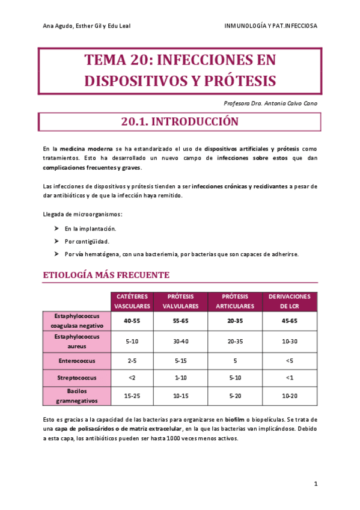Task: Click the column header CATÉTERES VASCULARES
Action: coord(132,301)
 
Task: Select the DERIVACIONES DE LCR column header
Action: coord(289,301)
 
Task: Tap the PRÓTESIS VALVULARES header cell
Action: coord(180,301)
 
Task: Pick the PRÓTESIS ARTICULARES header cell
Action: coord(235,301)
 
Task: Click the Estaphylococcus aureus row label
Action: coord(76,341)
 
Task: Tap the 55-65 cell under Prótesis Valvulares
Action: coord(180,321)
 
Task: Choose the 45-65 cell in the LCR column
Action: coord(289,321)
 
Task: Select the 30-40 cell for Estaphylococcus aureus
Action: coord(180,341)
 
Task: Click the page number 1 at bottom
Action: coord(316,484)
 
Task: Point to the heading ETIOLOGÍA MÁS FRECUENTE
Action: coord(106,275)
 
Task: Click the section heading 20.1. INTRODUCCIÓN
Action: coord(180,121)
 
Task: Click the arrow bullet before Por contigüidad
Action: coord(56,241)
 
